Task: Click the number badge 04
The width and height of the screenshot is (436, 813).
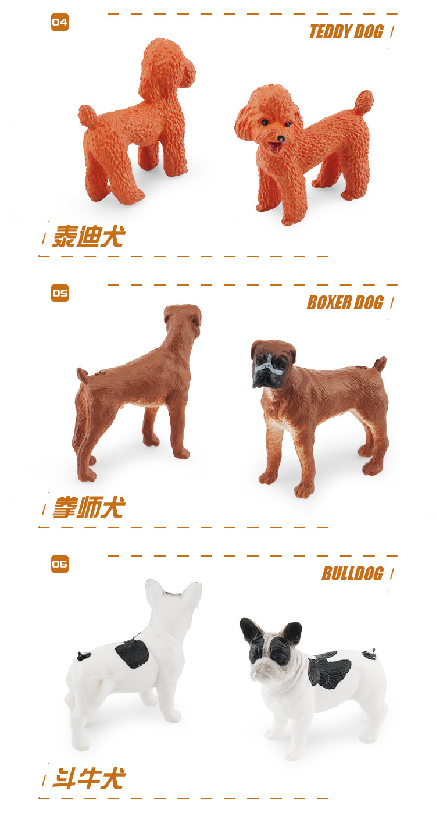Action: click(x=59, y=22)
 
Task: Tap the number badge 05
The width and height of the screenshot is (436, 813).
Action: click(x=59, y=293)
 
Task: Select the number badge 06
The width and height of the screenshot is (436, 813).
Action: click(x=59, y=564)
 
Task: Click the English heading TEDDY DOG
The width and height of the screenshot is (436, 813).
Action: click(x=346, y=31)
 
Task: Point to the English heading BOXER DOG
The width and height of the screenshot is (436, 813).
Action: click(x=345, y=303)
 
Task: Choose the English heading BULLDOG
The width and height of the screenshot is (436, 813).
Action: click(x=352, y=574)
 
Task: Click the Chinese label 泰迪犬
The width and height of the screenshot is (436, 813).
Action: click(x=89, y=236)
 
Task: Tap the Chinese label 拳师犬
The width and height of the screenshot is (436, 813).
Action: click(x=89, y=508)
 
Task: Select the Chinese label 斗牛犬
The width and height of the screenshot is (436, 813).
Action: click(x=89, y=779)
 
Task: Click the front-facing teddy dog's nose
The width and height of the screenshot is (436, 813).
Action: click(x=280, y=138)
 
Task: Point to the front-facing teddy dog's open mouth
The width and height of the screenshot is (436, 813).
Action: click(x=276, y=147)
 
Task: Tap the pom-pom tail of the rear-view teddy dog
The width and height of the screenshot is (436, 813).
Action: click(x=87, y=115)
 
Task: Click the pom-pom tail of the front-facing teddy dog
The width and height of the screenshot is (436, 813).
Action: click(x=363, y=102)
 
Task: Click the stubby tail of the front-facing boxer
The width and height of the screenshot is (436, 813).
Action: click(x=380, y=363)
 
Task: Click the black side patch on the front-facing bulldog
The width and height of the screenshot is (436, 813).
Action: click(x=330, y=668)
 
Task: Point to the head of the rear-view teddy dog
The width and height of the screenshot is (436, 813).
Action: click(x=167, y=67)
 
